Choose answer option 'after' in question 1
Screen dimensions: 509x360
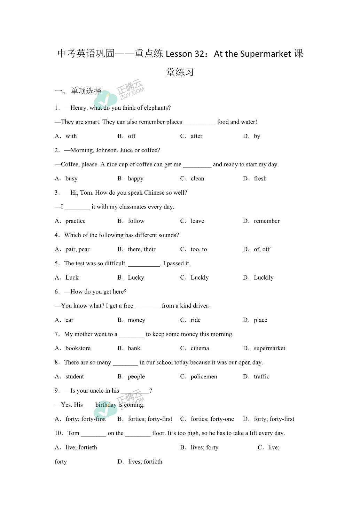[x=196, y=136]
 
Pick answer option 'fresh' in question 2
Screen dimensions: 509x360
[x=260, y=179]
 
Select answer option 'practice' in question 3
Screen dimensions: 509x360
[x=75, y=221]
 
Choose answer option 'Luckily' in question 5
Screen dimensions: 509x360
[x=264, y=277]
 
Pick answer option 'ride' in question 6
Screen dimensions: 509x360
[x=196, y=320]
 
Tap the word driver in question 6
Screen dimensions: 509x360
[x=201, y=306]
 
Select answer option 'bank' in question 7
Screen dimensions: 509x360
[x=134, y=348]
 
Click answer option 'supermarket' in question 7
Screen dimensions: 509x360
[x=269, y=348]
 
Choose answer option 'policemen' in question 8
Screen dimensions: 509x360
[x=204, y=376]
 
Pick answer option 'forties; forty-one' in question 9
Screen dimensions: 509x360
[x=212, y=419]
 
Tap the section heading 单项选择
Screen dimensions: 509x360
[x=86, y=91]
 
